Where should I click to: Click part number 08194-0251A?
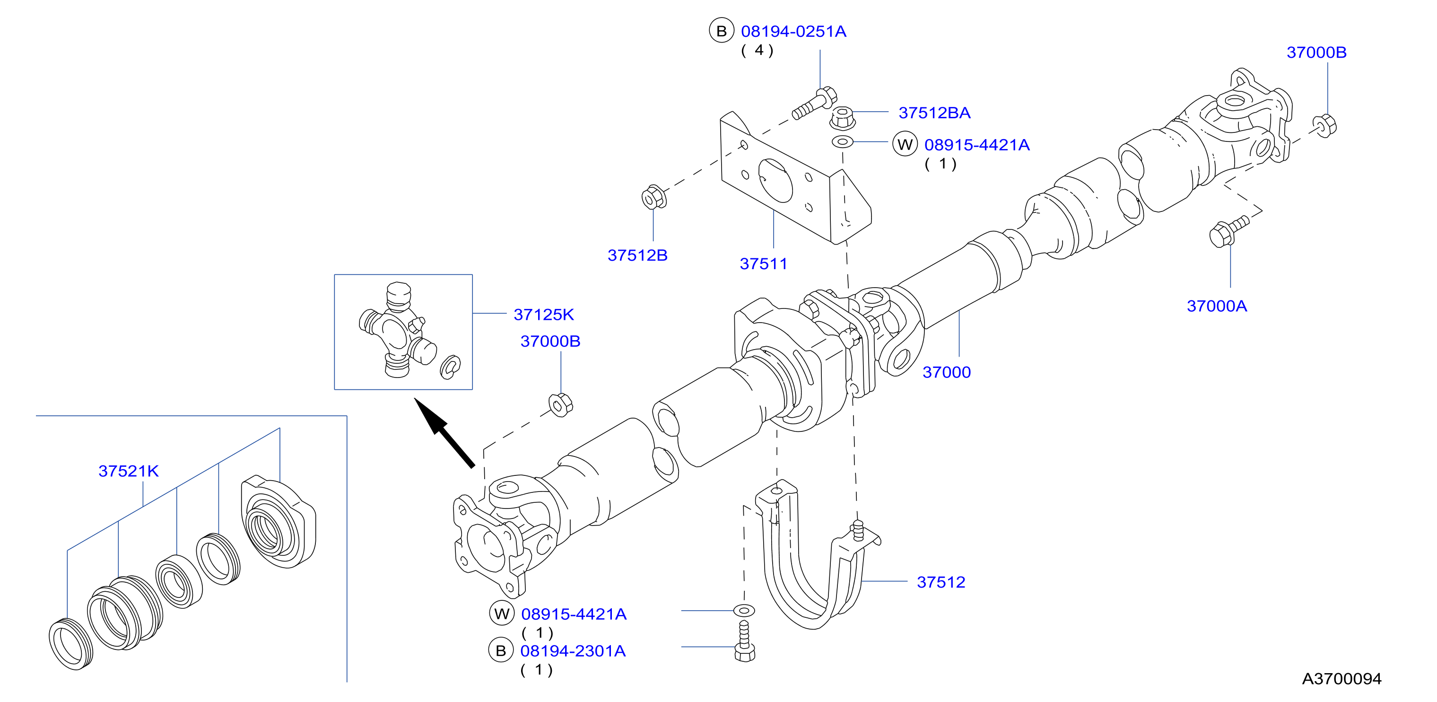pos(793,32)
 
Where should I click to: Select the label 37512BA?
pos(934,113)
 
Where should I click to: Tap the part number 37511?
pos(763,264)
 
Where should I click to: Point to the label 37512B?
pos(637,255)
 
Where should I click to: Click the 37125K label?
pos(544,315)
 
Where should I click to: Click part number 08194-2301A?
pos(573,651)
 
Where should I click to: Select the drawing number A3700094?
pos(1341,679)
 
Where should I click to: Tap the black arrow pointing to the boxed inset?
pos(444,432)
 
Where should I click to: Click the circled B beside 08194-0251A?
pos(721,31)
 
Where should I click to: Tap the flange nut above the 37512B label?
pos(653,197)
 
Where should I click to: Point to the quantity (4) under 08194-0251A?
pos(758,51)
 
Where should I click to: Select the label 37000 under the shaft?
pos(947,373)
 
